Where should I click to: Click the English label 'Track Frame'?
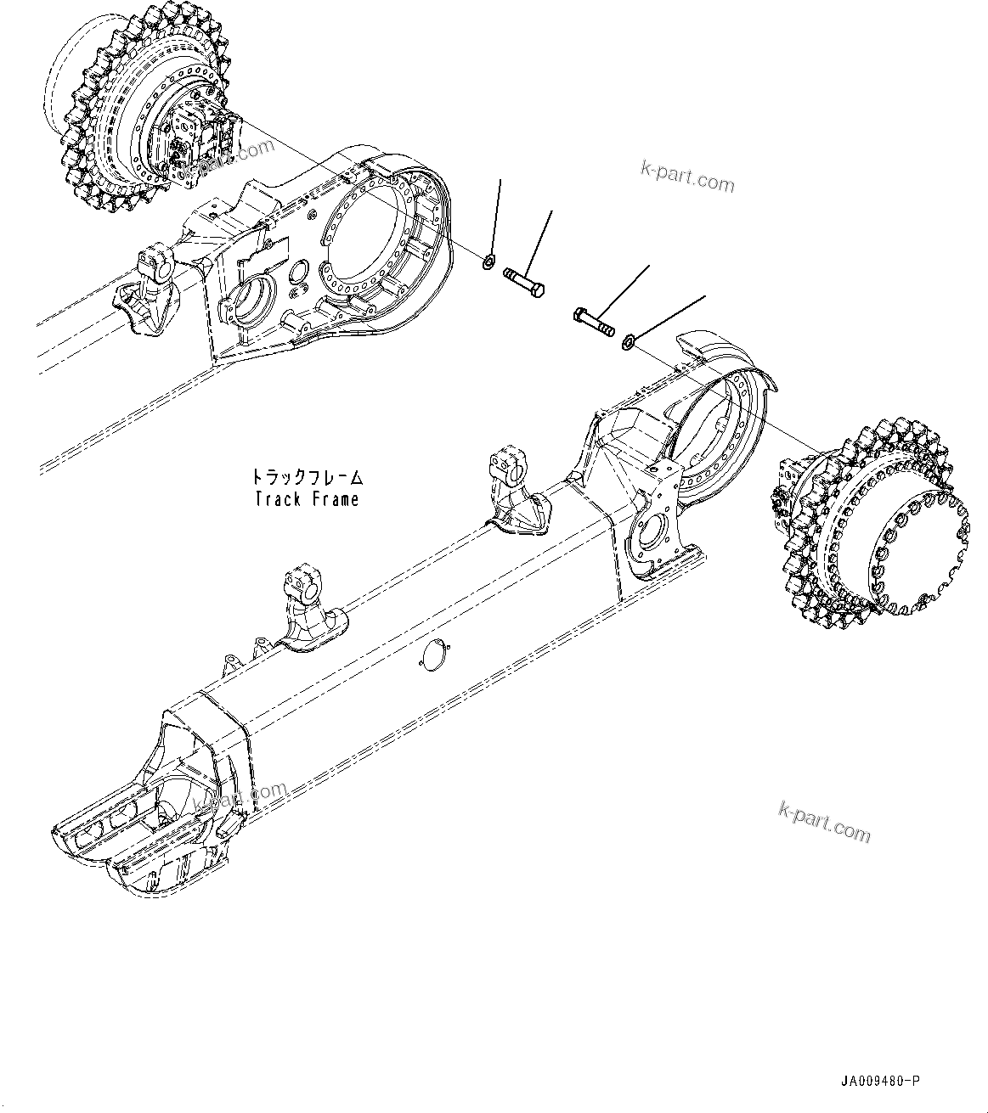[x=307, y=499]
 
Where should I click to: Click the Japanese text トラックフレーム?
[x=307, y=476]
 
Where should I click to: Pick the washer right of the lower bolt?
[x=628, y=341]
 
